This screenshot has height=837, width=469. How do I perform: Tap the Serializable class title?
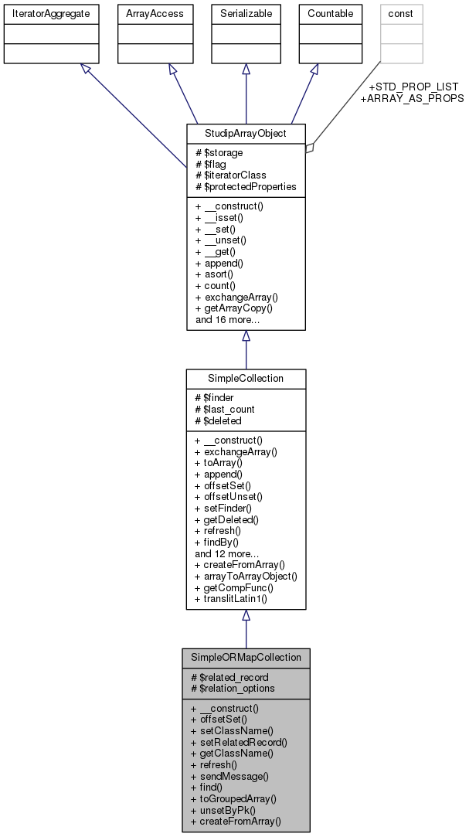[246, 13]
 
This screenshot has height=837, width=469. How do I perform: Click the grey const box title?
[401, 13]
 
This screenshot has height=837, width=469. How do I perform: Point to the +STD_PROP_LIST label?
[413, 87]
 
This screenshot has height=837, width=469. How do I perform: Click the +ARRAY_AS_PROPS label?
[413, 98]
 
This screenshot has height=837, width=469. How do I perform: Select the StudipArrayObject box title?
[246, 133]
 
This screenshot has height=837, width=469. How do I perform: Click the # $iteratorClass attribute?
[232, 175]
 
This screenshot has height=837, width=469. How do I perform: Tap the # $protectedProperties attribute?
[246, 186]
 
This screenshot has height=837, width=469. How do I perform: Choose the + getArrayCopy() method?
[234, 308]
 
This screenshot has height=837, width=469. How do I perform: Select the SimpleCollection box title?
[246, 378]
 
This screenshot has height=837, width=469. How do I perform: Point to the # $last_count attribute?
[225, 409]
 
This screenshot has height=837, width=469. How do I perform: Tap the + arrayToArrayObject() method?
[246, 576]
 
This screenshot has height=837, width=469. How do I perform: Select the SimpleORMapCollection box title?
[246, 658]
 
